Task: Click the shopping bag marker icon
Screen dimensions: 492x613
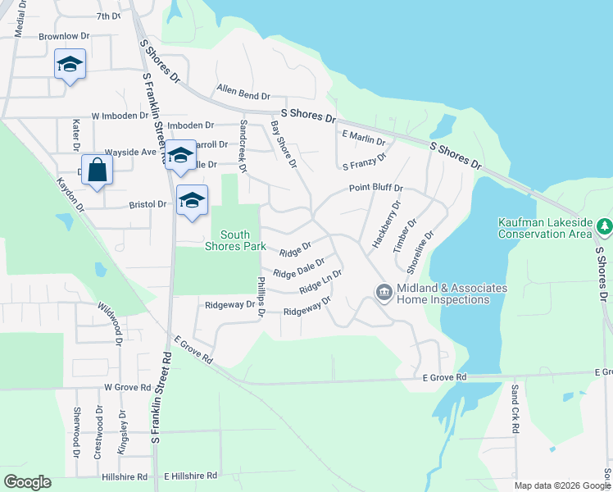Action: click(x=97, y=170)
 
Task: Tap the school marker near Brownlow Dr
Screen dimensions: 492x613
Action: click(x=70, y=64)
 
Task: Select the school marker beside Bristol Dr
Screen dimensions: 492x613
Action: click(x=192, y=201)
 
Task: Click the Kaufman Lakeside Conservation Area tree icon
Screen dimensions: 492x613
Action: click(x=604, y=225)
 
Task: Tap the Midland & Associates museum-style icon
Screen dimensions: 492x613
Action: click(x=383, y=292)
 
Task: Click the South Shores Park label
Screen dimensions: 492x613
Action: click(x=234, y=241)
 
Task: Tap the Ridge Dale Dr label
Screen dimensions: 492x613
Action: click(x=299, y=268)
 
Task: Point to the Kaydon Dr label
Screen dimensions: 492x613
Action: click(x=70, y=194)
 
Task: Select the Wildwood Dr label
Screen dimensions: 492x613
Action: click(x=111, y=318)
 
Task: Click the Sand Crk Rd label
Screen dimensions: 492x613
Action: click(x=515, y=408)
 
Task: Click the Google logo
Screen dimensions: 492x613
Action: click(x=27, y=482)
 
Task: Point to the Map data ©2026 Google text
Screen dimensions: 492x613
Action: click(x=561, y=485)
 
